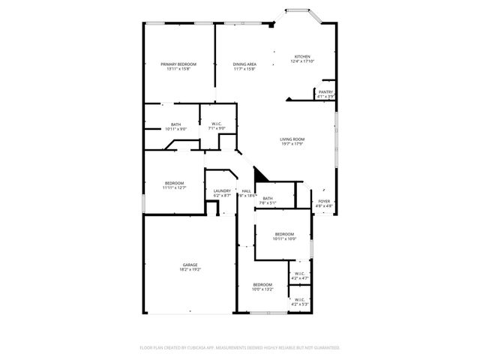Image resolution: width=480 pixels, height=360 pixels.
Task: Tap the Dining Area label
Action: click(x=244, y=64)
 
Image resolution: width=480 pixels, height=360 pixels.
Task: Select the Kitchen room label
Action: click(x=302, y=57)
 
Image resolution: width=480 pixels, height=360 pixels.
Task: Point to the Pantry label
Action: click(x=325, y=91)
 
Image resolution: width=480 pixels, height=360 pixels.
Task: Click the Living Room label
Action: click(x=292, y=139)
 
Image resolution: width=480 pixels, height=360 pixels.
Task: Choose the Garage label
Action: click(x=190, y=265)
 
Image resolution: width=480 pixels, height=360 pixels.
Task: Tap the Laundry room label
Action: click(x=222, y=191)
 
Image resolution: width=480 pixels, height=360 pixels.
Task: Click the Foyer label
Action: click(x=324, y=201)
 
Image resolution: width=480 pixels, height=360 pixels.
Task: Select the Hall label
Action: click(x=246, y=191)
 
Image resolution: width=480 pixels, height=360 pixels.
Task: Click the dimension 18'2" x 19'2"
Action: click(x=190, y=269)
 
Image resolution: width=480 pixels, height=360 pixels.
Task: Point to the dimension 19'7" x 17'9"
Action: click(x=292, y=144)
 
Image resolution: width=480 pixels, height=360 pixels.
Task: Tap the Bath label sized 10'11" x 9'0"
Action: click(x=175, y=124)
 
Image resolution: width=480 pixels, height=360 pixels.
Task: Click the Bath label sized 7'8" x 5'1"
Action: click(x=268, y=198)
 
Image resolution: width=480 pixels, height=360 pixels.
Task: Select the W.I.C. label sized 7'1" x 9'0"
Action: click(x=217, y=124)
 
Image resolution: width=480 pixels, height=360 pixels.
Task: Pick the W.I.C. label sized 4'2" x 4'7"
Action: click(x=300, y=274)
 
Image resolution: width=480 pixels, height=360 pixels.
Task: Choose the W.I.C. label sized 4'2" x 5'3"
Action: click(x=300, y=300)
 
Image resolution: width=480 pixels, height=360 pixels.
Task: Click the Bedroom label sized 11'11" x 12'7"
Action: click(x=175, y=183)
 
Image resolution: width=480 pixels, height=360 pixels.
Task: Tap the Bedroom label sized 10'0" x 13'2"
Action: click(x=262, y=284)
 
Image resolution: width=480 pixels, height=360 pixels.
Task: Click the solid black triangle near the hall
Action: click(x=260, y=175)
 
